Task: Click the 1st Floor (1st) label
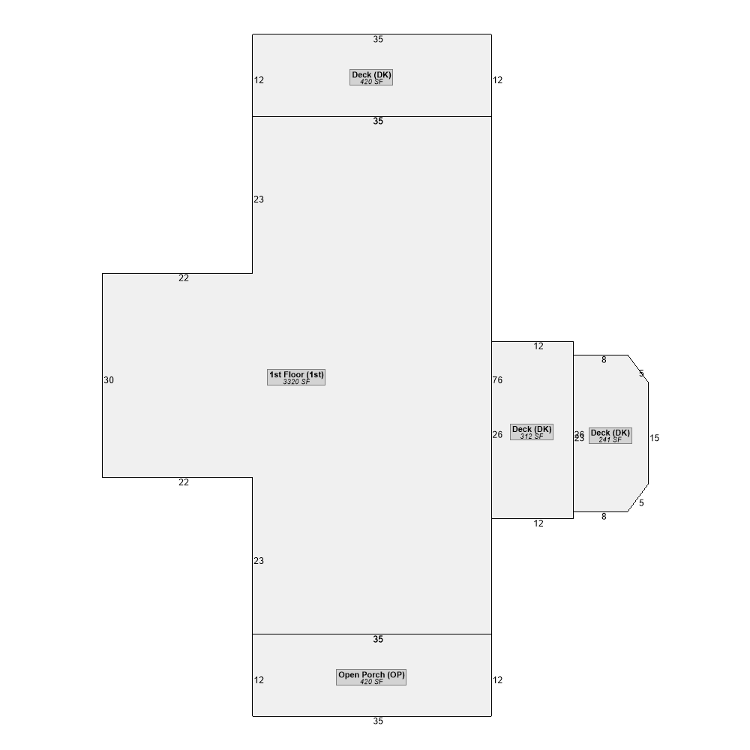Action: tap(296, 377)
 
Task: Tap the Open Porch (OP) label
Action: tap(371, 677)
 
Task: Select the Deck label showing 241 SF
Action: tap(610, 436)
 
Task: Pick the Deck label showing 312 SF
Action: tap(532, 432)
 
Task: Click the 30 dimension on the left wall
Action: tap(109, 380)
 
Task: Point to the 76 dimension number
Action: tap(497, 380)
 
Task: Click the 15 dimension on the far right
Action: tap(654, 438)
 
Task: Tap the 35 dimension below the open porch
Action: tap(378, 721)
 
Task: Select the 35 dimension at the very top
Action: tap(378, 40)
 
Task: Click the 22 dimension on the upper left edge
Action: tap(184, 278)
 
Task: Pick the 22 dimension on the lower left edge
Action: tap(184, 482)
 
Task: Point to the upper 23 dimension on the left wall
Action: tap(259, 199)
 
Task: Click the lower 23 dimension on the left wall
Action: tap(259, 561)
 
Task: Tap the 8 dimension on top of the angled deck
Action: tap(604, 360)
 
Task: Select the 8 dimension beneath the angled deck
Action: tap(604, 517)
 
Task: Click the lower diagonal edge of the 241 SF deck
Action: tap(638, 498)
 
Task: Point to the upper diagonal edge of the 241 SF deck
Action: tap(638, 368)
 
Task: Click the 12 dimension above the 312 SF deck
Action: tap(538, 346)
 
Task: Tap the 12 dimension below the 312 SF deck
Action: tap(538, 523)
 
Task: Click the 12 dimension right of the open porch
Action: tap(497, 680)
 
